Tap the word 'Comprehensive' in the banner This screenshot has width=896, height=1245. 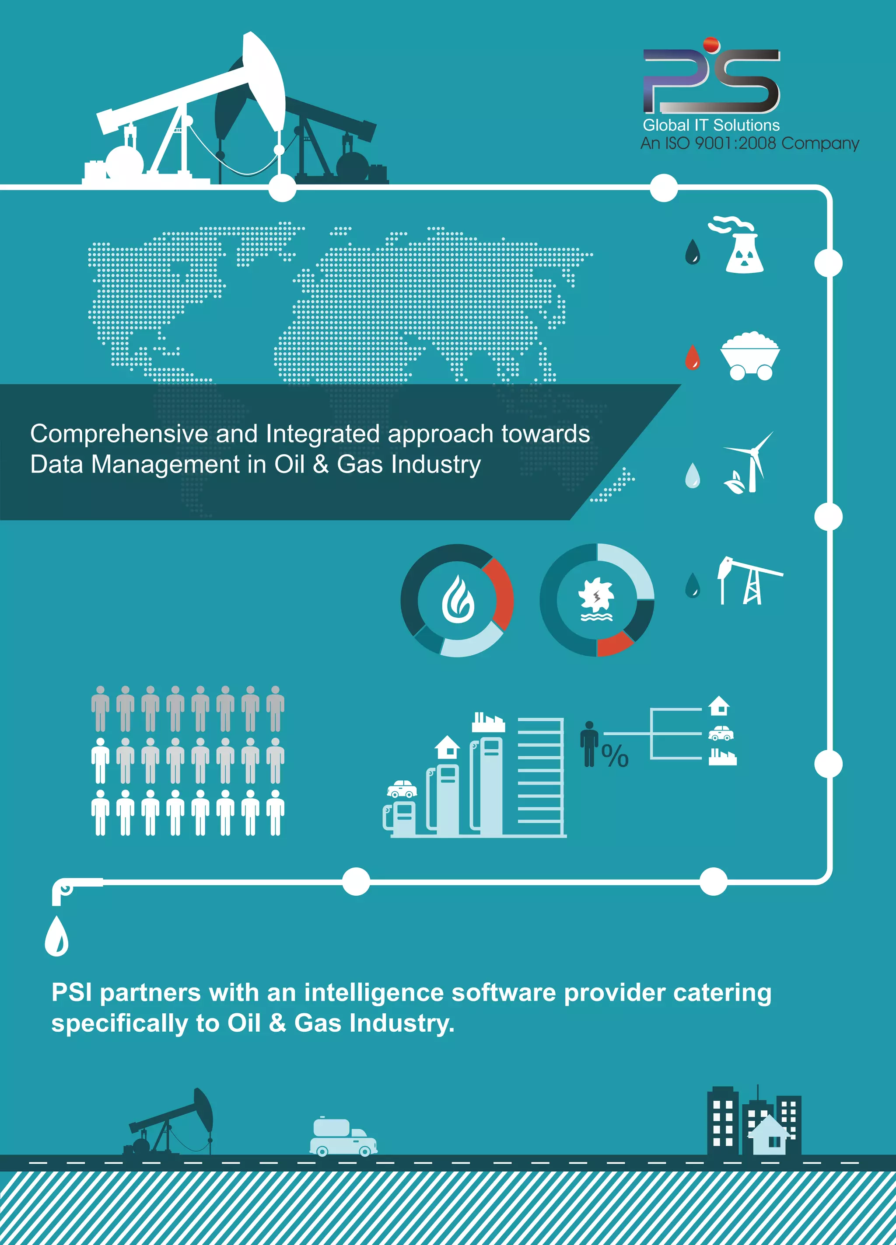(119, 434)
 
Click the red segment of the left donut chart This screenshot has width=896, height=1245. (500, 593)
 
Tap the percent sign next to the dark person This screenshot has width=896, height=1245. (615, 756)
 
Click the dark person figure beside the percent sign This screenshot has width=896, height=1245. (589, 744)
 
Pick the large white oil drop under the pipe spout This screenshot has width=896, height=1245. (56, 937)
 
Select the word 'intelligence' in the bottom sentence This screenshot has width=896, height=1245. (374, 992)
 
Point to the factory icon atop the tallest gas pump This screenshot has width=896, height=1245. (488, 722)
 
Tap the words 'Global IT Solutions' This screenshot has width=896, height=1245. (711, 125)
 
